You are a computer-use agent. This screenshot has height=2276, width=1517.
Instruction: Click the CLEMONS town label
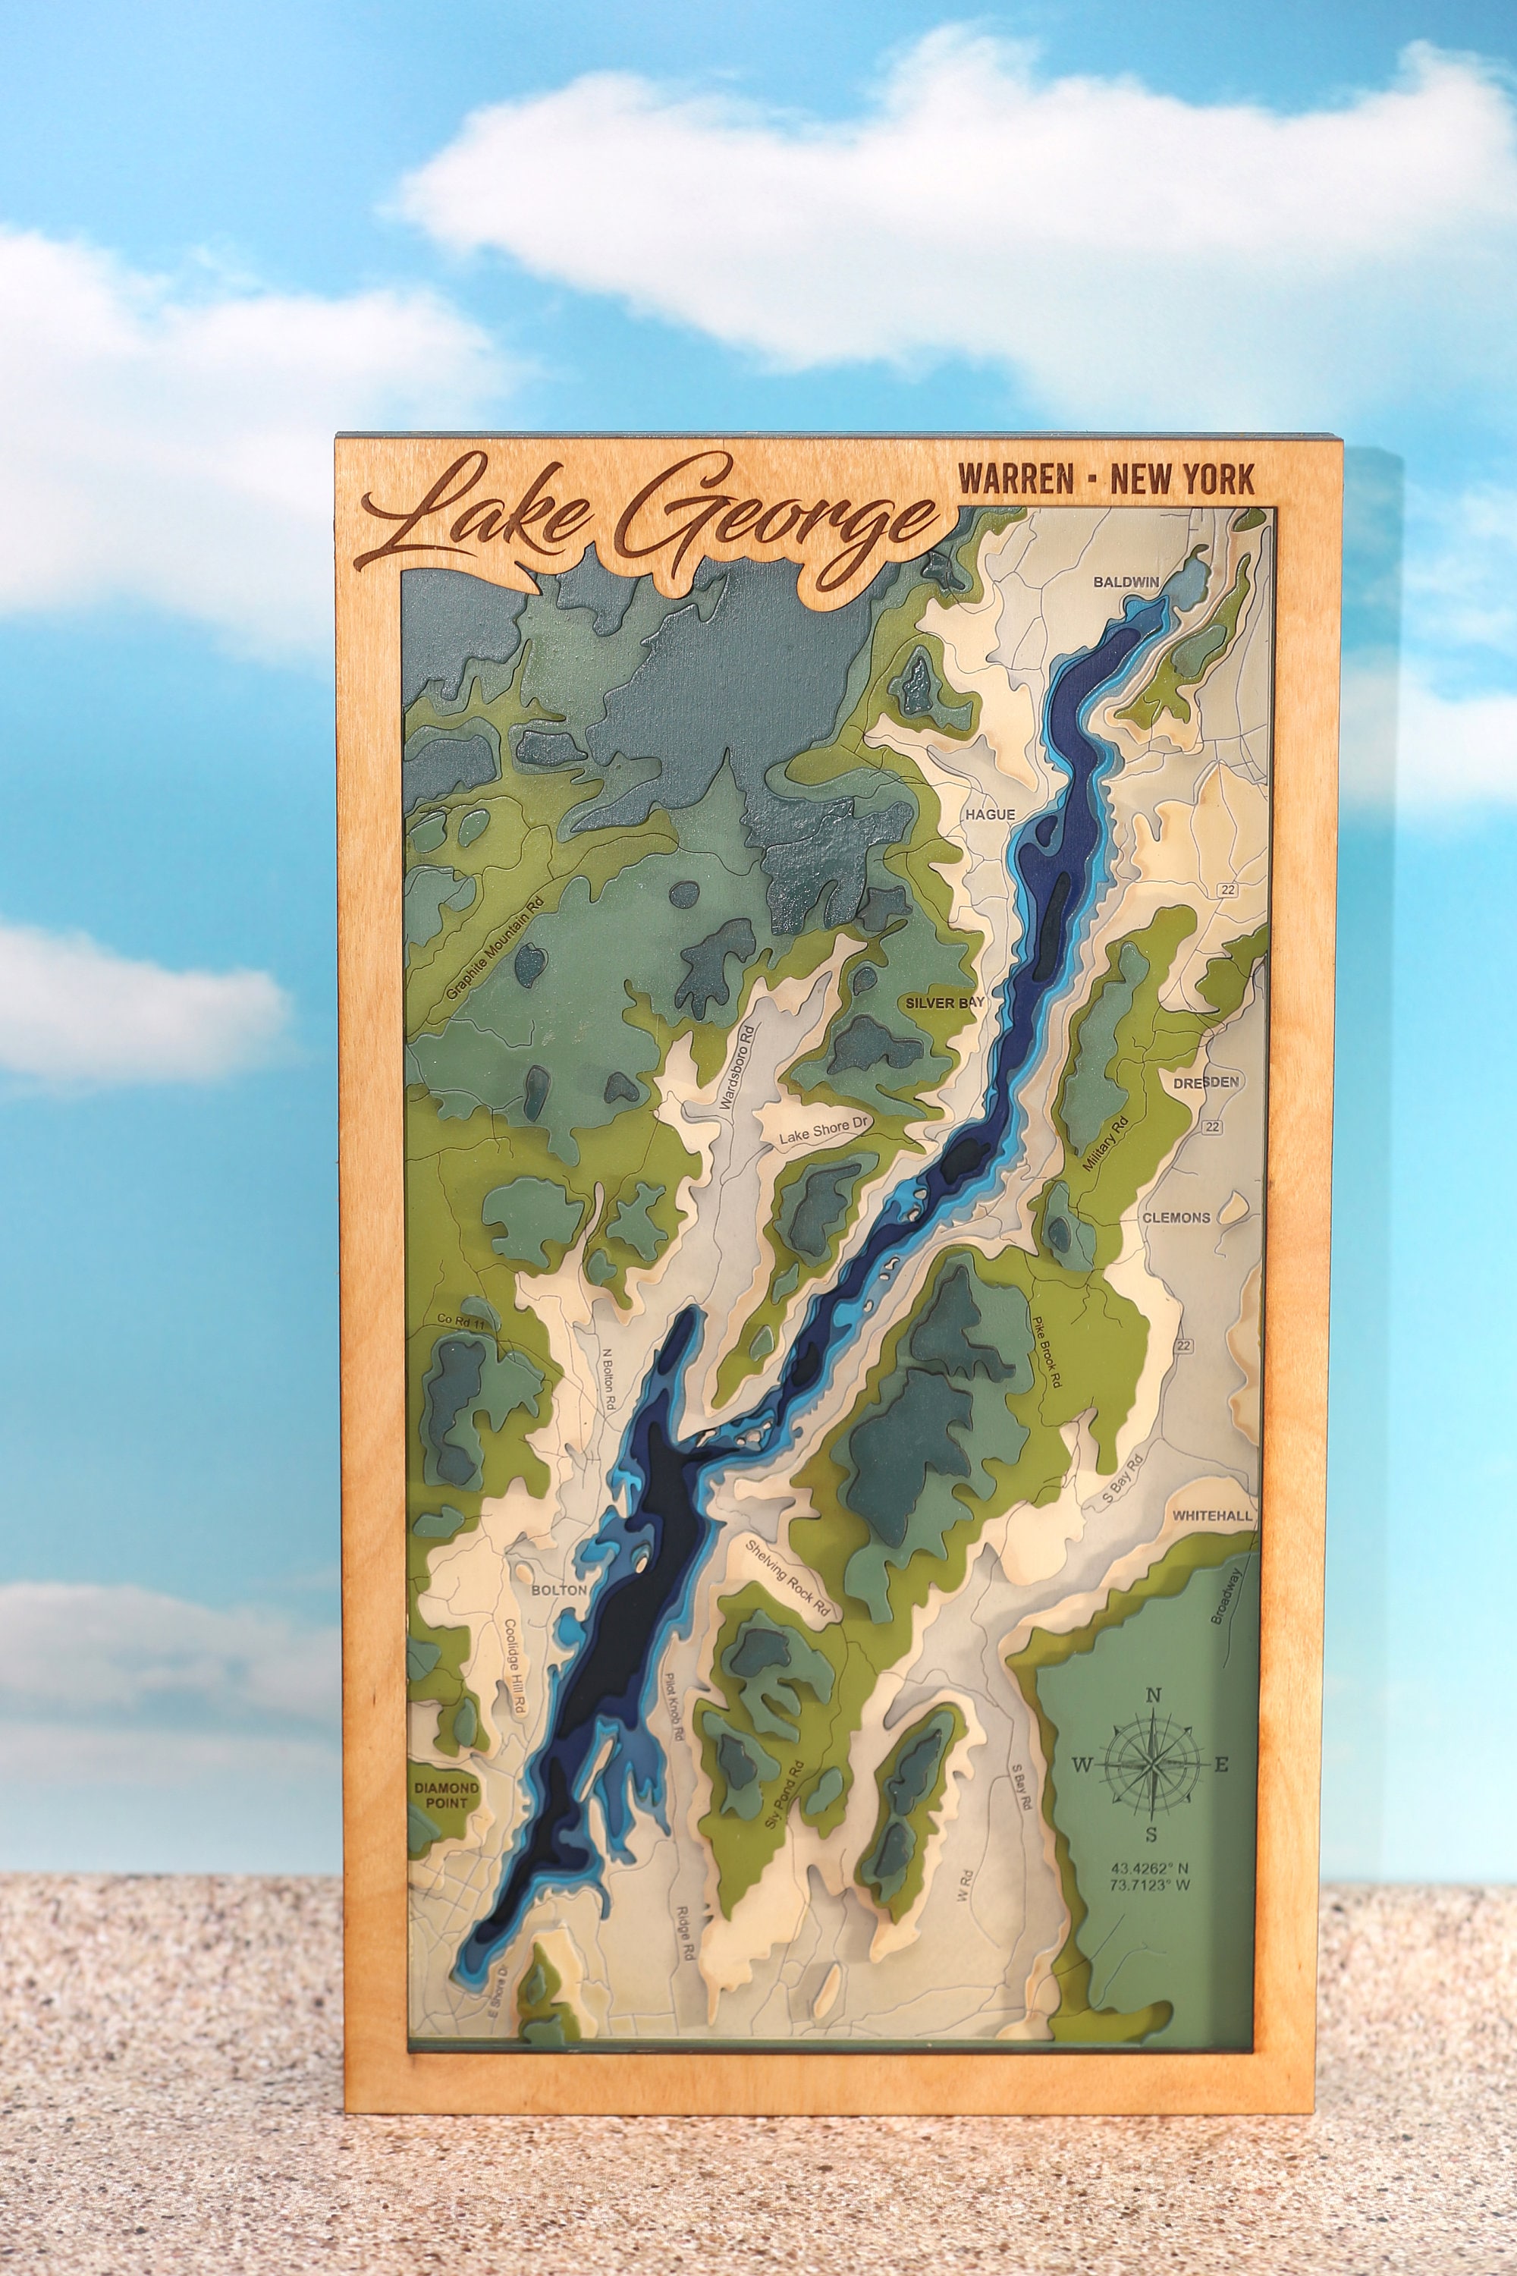[1176, 1218]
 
